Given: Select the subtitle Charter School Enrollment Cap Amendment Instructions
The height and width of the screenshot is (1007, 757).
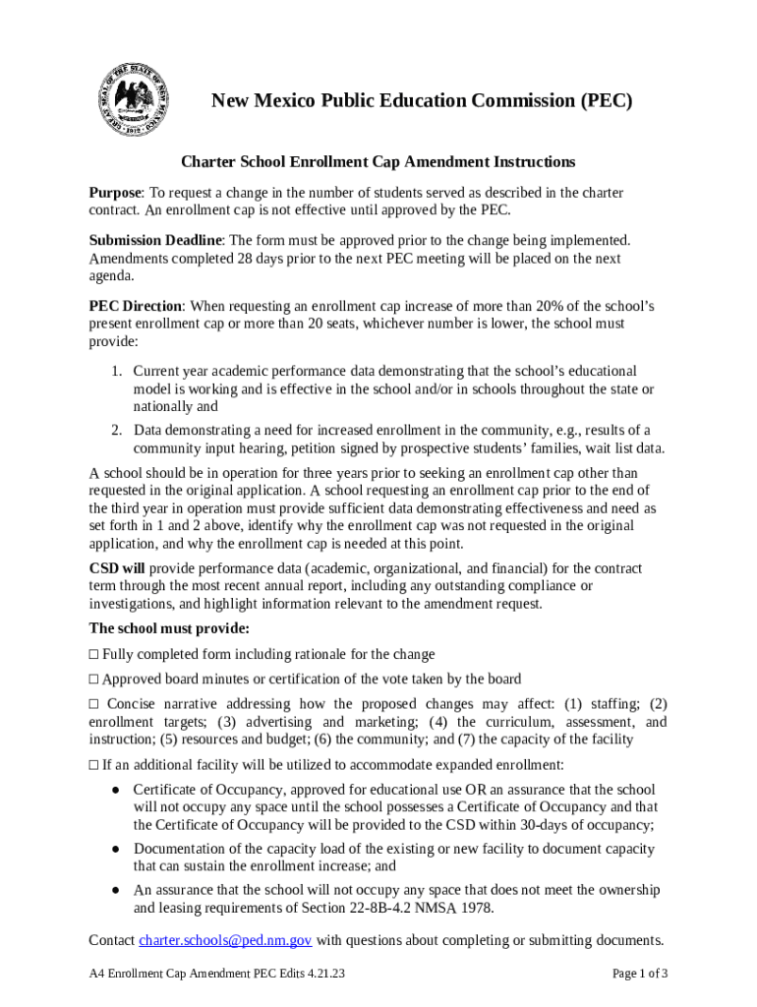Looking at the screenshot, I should tap(378, 161).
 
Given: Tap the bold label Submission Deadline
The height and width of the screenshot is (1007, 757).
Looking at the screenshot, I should tap(156, 240).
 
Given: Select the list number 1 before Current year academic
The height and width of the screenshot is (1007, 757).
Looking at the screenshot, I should tap(115, 371).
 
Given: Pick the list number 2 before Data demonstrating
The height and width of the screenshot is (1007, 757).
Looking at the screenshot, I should tap(115, 430).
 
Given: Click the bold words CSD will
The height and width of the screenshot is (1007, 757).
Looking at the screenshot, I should tap(117, 568).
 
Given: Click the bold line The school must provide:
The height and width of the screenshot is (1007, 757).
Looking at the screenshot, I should tap(169, 627).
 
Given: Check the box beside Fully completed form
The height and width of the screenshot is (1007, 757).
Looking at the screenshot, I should tap(93, 654).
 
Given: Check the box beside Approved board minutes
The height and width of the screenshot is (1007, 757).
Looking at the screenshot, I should tap(93, 679).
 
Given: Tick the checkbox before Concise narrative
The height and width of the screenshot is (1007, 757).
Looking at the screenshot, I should tap(93, 704).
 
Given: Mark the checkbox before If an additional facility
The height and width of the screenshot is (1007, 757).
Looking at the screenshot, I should tap(93, 764).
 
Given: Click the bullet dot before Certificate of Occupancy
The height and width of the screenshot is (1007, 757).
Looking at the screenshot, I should tap(115, 790).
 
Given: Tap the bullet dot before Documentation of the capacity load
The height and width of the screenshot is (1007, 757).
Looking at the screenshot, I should tap(115, 849).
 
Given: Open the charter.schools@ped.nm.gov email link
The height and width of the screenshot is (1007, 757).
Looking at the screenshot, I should tap(225, 940).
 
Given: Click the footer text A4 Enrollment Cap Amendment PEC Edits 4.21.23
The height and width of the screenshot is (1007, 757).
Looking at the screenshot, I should tap(216, 975).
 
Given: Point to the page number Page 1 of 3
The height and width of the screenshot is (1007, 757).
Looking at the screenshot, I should tap(640, 975).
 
